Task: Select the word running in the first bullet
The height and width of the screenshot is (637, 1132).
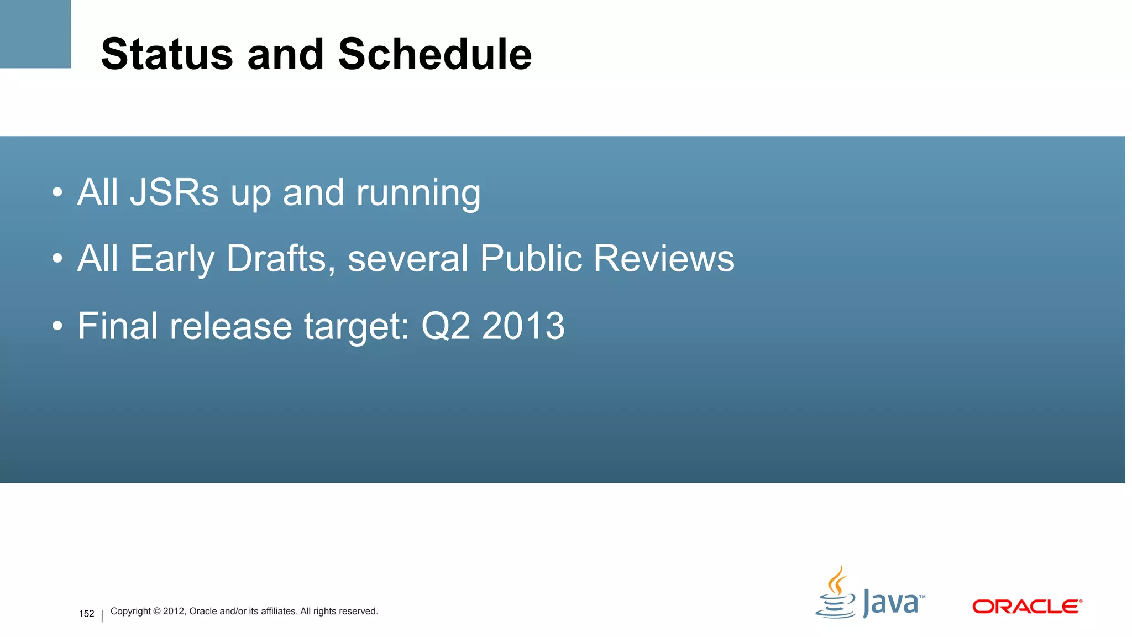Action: click(x=418, y=194)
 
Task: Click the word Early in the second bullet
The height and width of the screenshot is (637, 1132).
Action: click(x=172, y=259)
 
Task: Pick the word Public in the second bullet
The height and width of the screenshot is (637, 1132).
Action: click(x=531, y=258)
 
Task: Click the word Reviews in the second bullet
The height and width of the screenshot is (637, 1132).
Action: click(x=663, y=258)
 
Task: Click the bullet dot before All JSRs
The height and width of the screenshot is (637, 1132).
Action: click(x=57, y=193)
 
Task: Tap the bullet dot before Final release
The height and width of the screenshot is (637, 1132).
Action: click(x=57, y=326)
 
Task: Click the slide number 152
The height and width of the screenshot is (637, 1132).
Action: click(x=86, y=614)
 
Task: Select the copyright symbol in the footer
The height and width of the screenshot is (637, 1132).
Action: click(x=156, y=611)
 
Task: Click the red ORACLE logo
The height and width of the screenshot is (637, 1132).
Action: click(x=1026, y=607)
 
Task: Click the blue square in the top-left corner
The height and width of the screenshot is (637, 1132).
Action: click(x=35, y=33)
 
